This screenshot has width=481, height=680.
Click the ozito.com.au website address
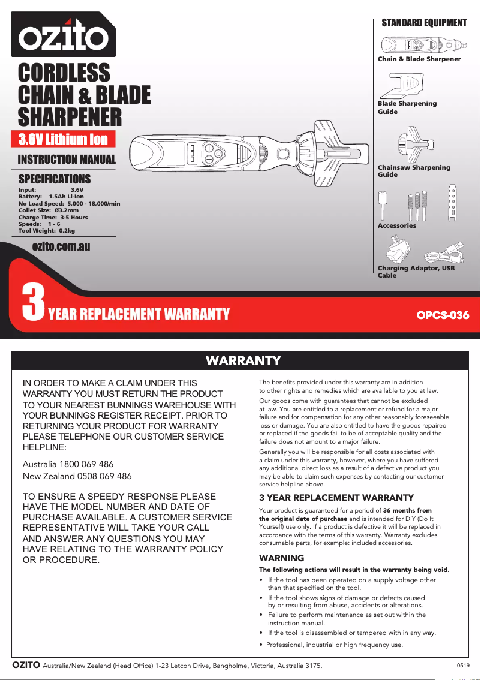(61, 245)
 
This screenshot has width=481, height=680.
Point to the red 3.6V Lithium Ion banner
(62, 139)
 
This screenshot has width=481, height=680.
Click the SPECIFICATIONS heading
(55, 179)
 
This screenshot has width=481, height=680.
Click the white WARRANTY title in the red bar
(243, 360)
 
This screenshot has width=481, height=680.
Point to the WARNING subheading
(281, 558)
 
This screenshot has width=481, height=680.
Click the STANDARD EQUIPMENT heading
(424, 23)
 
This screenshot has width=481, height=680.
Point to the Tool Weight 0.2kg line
(47, 230)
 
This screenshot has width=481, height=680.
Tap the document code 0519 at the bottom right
(463, 666)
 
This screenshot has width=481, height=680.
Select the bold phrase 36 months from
(407, 510)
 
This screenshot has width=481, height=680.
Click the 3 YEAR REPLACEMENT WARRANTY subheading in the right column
(336, 498)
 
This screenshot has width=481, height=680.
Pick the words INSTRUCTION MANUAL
(67, 159)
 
